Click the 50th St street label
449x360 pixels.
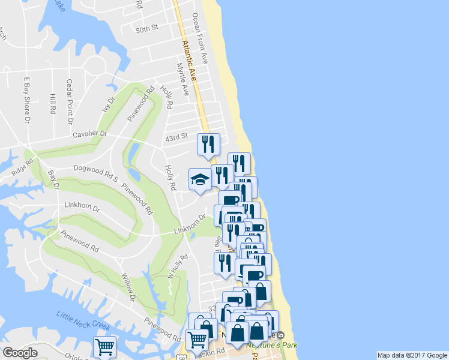pyautogui.click(x=146, y=28)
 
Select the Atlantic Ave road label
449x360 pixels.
pyautogui.click(x=188, y=61)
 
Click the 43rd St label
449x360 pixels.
pyautogui.click(x=177, y=138)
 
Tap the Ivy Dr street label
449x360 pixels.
pyautogui.click(x=110, y=109)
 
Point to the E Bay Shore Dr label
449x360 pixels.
pyautogui.click(x=26, y=100)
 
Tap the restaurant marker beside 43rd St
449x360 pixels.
pyautogui.click(x=208, y=144)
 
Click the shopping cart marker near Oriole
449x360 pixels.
pyautogui.click(x=104, y=346)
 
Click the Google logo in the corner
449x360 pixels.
pyautogui.click(x=20, y=353)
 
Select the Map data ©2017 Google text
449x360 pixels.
pyautogui.click(x=412, y=355)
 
